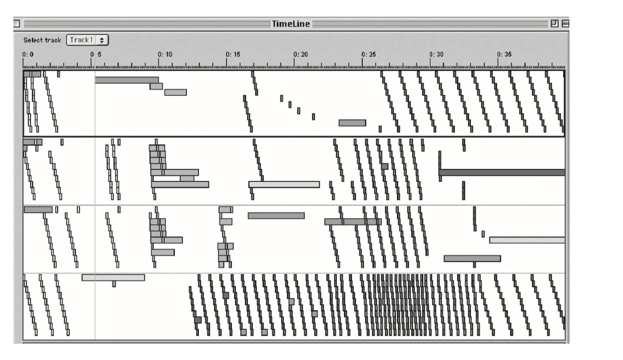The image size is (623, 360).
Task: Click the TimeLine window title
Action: pyautogui.click(x=290, y=24)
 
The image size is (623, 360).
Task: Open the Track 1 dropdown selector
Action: pyautogui.click(x=87, y=40)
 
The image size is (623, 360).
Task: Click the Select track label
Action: pyautogui.click(x=42, y=40)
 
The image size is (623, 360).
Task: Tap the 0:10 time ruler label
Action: pyautogui.click(x=165, y=54)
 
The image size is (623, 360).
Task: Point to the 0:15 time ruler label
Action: pyautogui.click(x=233, y=54)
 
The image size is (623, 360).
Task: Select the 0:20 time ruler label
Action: pyautogui.click(x=301, y=54)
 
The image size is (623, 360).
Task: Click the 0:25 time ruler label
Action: pyautogui.click(x=369, y=54)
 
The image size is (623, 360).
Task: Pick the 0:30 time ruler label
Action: pyautogui.click(x=437, y=54)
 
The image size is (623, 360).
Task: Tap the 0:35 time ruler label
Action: pyautogui.click(x=504, y=54)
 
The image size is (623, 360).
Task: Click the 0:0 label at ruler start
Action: pyautogui.click(x=28, y=54)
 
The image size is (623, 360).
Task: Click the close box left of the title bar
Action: pyautogui.click(x=16, y=24)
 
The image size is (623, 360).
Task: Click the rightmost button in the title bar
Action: pyautogui.click(x=565, y=24)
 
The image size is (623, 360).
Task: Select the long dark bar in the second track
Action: pyautogui.click(x=502, y=172)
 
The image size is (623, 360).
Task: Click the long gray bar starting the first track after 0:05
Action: pyautogui.click(x=127, y=80)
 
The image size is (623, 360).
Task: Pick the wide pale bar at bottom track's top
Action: pyautogui.click(x=113, y=278)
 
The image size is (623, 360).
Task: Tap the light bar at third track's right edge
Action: pyautogui.click(x=527, y=240)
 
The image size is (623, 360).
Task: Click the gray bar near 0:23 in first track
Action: pyautogui.click(x=352, y=123)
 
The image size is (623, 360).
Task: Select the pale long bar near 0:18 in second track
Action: pyautogui.click(x=284, y=184)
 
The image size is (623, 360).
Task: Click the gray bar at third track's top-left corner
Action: pyautogui.click(x=38, y=210)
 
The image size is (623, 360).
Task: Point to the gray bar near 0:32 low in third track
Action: pyautogui.click(x=473, y=259)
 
